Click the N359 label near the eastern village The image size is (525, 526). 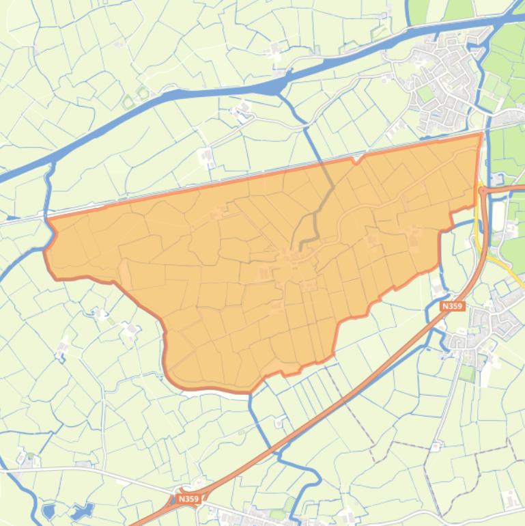452,307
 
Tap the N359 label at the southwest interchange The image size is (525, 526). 188,499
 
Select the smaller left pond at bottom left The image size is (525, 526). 48,511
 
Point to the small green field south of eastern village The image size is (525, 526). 467,373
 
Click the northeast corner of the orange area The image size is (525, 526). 481,135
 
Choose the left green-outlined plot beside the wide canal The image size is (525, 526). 128,102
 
